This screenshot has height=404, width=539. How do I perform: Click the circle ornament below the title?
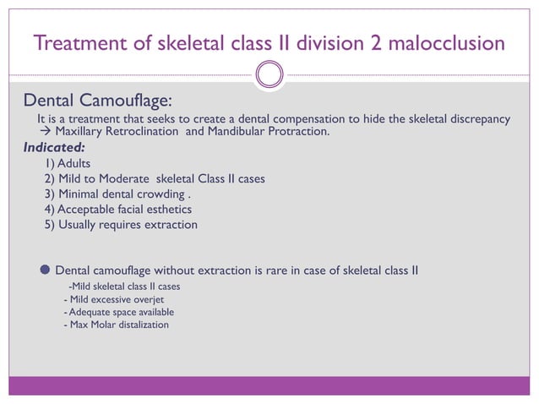269,76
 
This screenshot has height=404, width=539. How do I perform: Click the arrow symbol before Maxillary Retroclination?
47,132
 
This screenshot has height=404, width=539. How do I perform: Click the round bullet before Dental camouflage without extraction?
45,270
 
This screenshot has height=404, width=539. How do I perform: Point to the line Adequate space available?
122,312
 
